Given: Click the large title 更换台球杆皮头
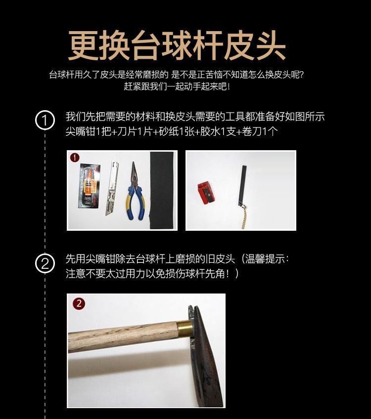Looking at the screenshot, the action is point(177,45).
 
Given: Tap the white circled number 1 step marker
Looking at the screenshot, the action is point(45,120).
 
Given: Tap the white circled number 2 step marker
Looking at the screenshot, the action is point(45,263).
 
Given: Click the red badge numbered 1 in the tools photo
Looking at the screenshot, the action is point(75,158).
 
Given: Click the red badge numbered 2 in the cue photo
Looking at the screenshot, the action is point(79,303).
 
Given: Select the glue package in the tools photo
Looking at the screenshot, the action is point(90,186).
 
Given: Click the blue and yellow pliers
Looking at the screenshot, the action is point(136,191).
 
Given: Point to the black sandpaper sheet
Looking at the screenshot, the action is point(163,190).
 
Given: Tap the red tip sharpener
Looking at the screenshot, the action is point(206,192).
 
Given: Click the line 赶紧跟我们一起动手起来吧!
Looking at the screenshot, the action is point(177,86).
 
